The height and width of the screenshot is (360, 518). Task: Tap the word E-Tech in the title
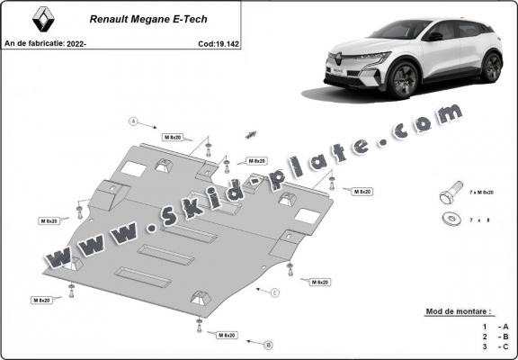point(200,17)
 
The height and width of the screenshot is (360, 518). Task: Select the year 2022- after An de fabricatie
point(77,42)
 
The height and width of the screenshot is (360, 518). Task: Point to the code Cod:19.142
point(219,42)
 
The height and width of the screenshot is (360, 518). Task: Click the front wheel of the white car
point(404,80)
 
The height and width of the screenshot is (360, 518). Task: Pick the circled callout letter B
point(267,345)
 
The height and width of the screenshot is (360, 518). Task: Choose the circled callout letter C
point(275,293)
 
